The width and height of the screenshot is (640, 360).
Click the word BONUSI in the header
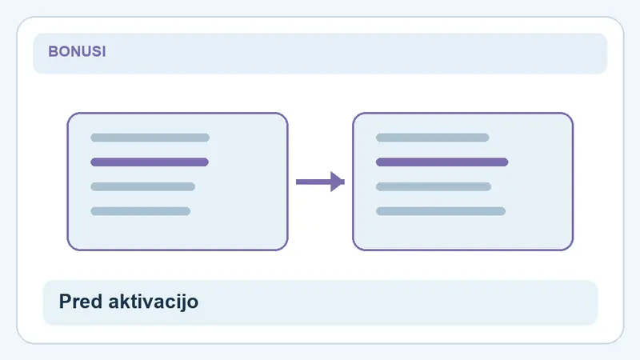click(x=77, y=51)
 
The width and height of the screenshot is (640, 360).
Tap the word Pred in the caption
click(x=81, y=302)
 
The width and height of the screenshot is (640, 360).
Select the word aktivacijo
click(x=154, y=302)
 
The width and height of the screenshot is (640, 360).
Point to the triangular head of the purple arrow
click(x=337, y=182)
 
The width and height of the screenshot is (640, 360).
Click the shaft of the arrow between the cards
click(x=314, y=182)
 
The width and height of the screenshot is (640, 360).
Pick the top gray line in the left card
click(x=150, y=138)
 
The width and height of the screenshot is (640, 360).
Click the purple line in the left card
click(x=150, y=162)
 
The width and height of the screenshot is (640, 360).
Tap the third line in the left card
click(x=143, y=186)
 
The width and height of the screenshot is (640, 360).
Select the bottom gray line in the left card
click(x=141, y=211)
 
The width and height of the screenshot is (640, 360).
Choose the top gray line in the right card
click(x=432, y=138)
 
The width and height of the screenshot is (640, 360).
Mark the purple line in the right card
click(x=442, y=162)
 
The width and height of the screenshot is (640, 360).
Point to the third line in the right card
click(x=434, y=186)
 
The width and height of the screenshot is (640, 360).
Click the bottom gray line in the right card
click(x=441, y=211)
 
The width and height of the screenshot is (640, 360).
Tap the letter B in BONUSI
click(x=53, y=51)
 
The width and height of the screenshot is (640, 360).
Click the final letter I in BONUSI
click(x=104, y=51)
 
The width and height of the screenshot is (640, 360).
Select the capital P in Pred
click(x=66, y=302)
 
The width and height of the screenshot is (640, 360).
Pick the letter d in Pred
click(x=97, y=302)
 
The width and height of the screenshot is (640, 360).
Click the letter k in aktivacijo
click(x=126, y=302)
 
